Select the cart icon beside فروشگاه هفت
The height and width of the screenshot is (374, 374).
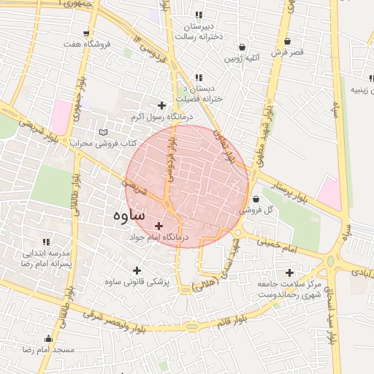[87, 34]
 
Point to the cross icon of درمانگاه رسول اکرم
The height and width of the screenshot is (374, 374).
[161, 106]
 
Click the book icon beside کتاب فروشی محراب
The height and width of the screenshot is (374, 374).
[102, 132]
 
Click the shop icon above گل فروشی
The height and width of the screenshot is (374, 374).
[256, 199]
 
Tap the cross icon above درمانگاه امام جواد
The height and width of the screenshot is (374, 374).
[159, 226]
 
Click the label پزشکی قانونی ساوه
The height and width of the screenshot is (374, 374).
[137, 282]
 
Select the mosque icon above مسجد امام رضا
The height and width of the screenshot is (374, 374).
[49, 339]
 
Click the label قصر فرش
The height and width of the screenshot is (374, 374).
[287, 53]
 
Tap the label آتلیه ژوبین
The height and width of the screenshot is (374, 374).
[241, 57]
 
